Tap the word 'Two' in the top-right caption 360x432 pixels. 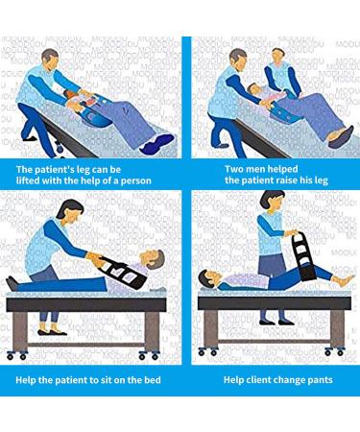point(233,169)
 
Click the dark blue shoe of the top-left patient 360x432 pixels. point(157,144)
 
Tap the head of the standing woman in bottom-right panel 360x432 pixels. point(272,201)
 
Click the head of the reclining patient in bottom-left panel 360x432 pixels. point(153,258)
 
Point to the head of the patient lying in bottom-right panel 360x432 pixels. point(207,278)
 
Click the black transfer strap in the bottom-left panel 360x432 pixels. point(123,272)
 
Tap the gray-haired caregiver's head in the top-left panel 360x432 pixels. point(50,60)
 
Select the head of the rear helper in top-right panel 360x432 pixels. point(278,56)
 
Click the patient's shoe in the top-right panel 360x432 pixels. point(341,137)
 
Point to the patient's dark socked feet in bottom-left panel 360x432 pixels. point(13,283)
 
